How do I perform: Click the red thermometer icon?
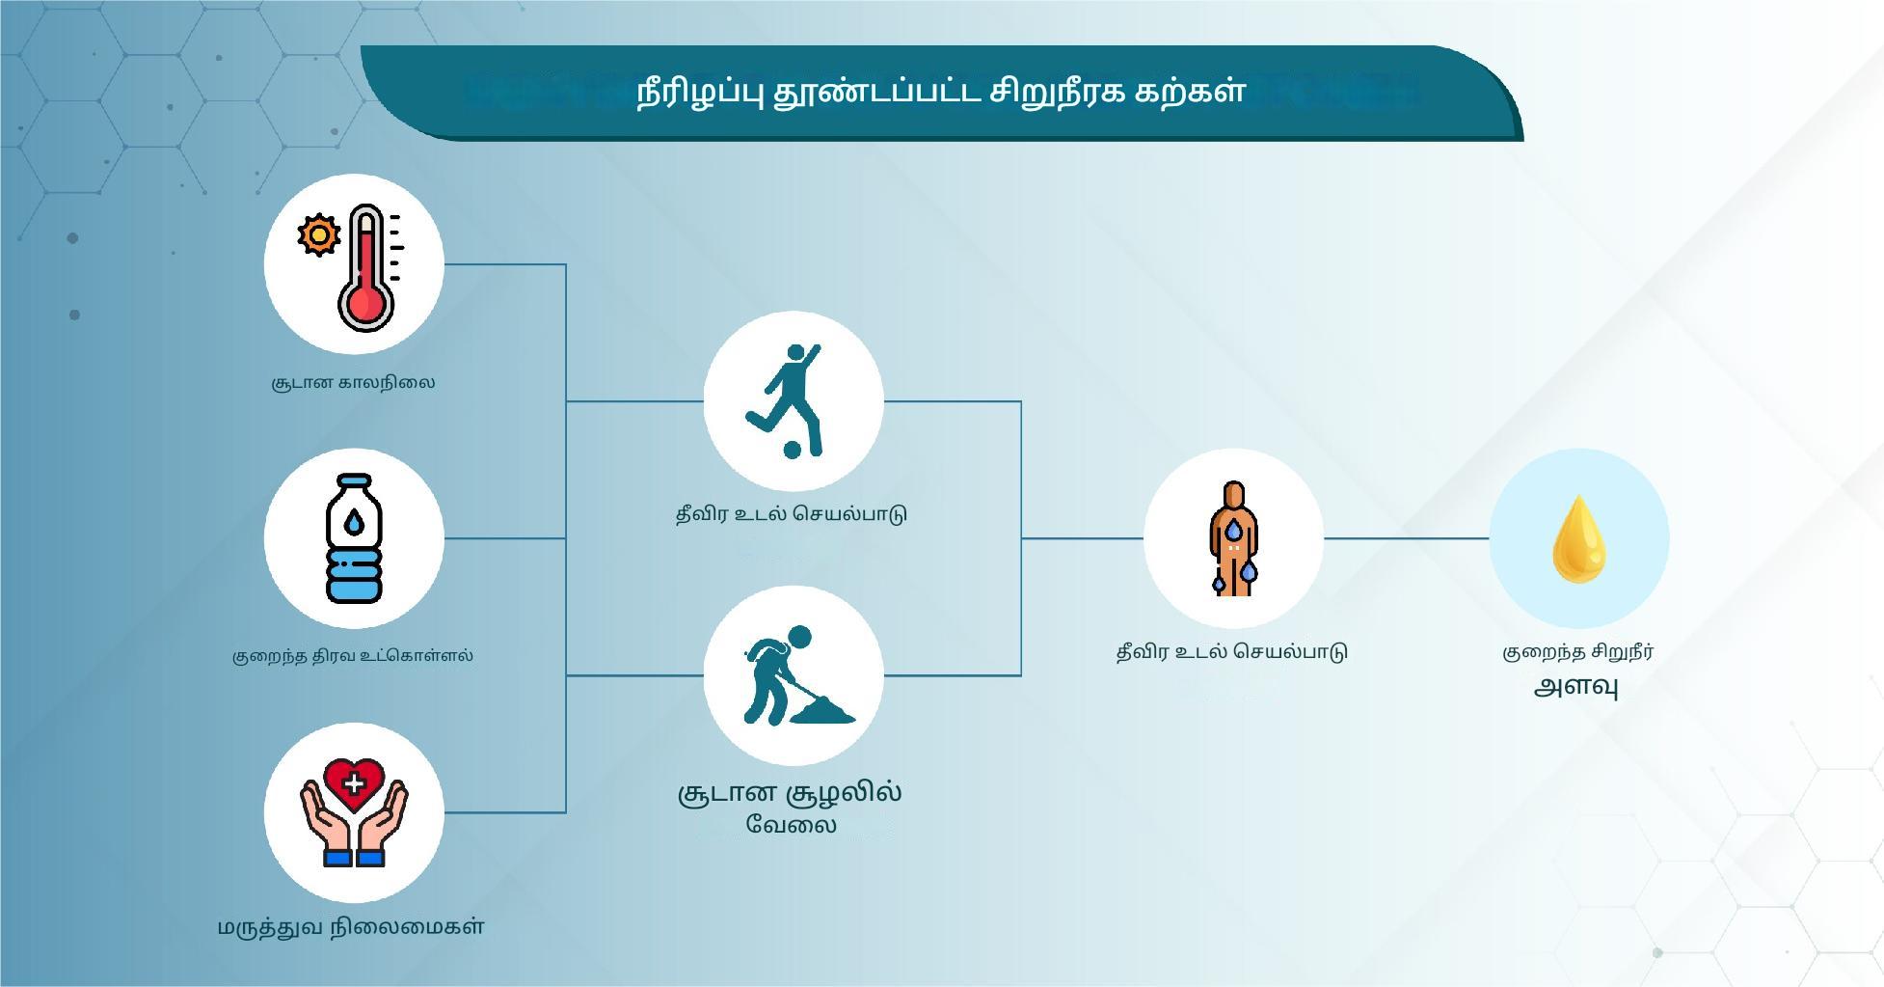(x=366, y=267)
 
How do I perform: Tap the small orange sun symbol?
(x=319, y=234)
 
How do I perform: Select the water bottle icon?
(x=354, y=538)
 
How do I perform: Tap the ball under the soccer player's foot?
(x=793, y=450)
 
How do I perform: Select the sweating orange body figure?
(x=1233, y=538)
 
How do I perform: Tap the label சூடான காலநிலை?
(x=353, y=382)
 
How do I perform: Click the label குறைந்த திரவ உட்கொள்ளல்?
(x=353, y=655)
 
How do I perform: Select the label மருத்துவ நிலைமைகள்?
(x=351, y=927)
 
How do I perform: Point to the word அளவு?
(x=1576, y=687)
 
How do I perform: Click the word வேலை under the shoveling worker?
(x=791, y=825)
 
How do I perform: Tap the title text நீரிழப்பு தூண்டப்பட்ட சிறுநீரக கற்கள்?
(x=941, y=92)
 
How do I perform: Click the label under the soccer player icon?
(x=792, y=513)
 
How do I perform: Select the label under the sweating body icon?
(x=1232, y=652)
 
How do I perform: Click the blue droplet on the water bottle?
(x=355, y=523)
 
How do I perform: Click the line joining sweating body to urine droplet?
(x=1407, y=538)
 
